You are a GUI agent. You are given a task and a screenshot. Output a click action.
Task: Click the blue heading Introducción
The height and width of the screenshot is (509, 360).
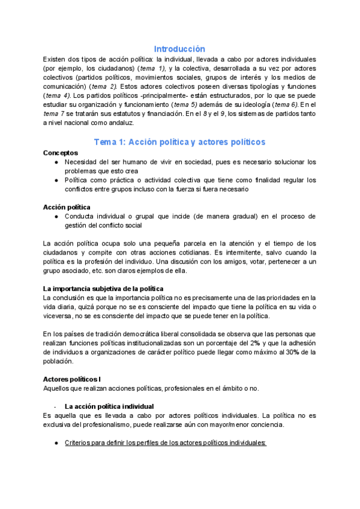click(179, 49)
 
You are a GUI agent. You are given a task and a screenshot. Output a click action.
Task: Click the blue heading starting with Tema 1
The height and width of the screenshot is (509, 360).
click(180, 142)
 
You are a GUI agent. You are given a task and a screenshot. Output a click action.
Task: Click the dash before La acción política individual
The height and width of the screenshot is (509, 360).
click(55, 406)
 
